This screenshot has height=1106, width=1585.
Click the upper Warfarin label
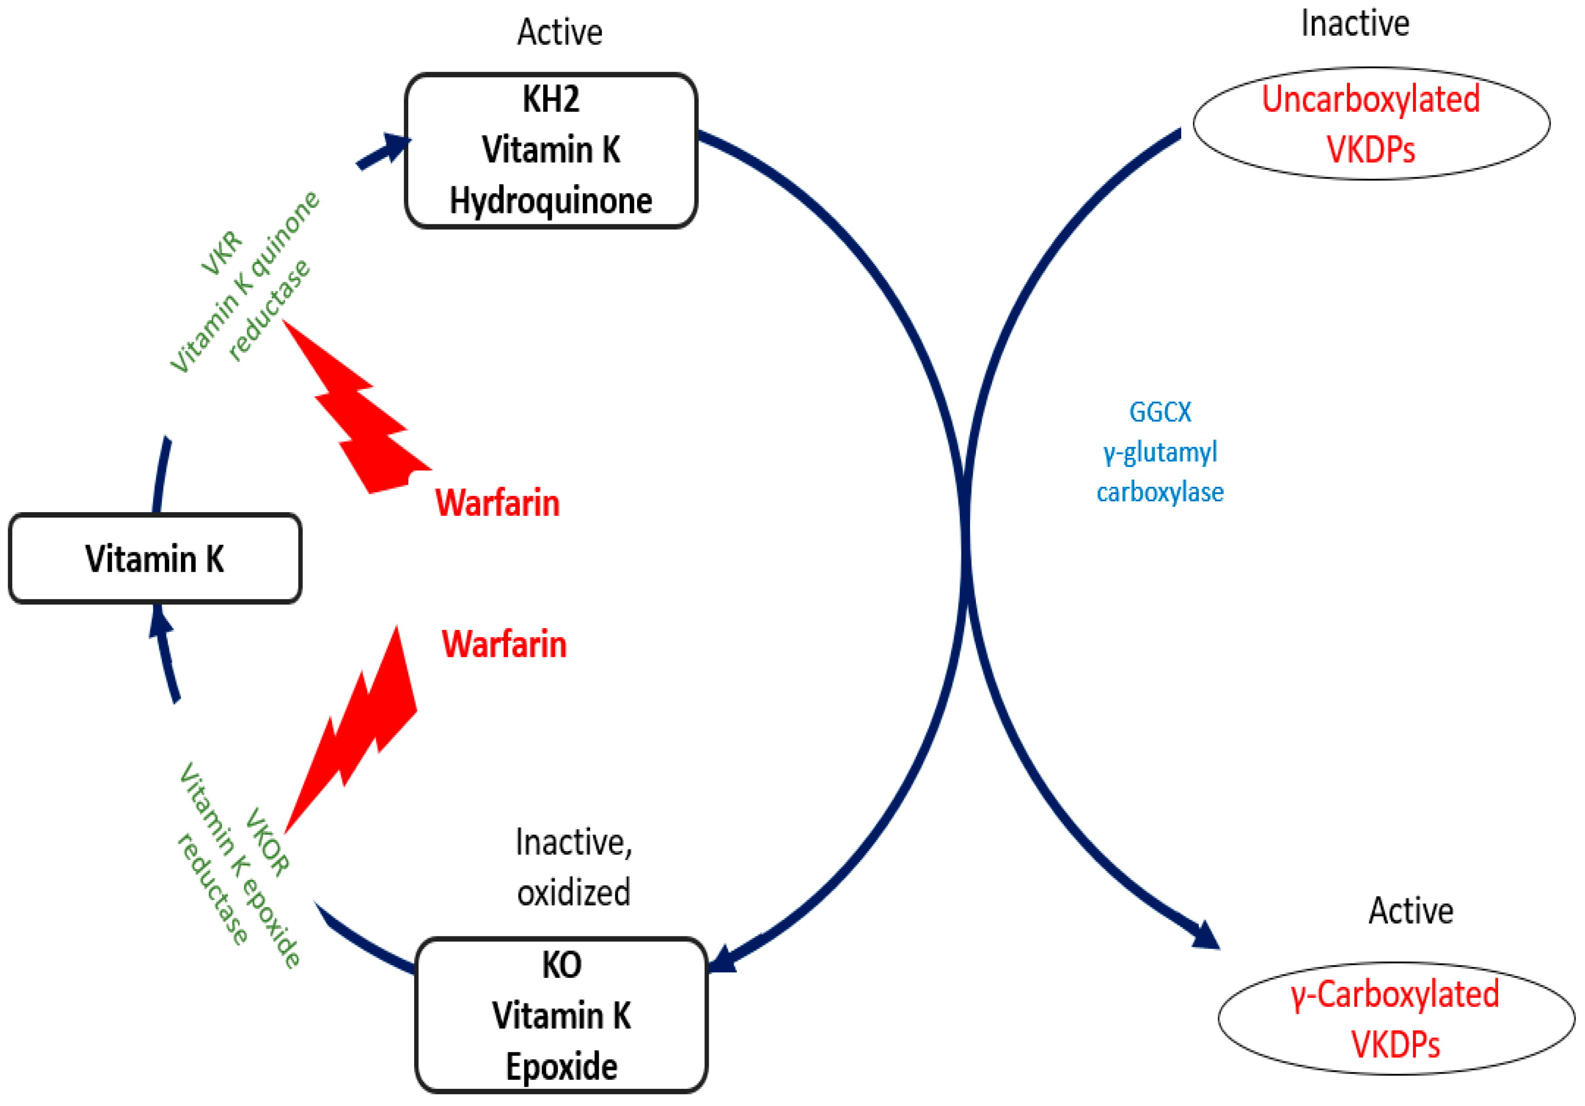click(497, 503)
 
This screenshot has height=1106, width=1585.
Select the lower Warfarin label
click(504, 644)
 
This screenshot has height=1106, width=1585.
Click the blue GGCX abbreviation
click(1160, 412)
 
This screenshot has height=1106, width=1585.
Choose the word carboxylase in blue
click(1160, 492)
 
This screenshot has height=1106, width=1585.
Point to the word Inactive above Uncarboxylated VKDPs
click(1354, 23)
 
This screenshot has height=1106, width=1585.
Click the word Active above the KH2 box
click(560, 32)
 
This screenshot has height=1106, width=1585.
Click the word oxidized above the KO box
click(573, 892)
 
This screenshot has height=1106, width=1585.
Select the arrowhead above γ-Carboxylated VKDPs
click(1205, 935)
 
